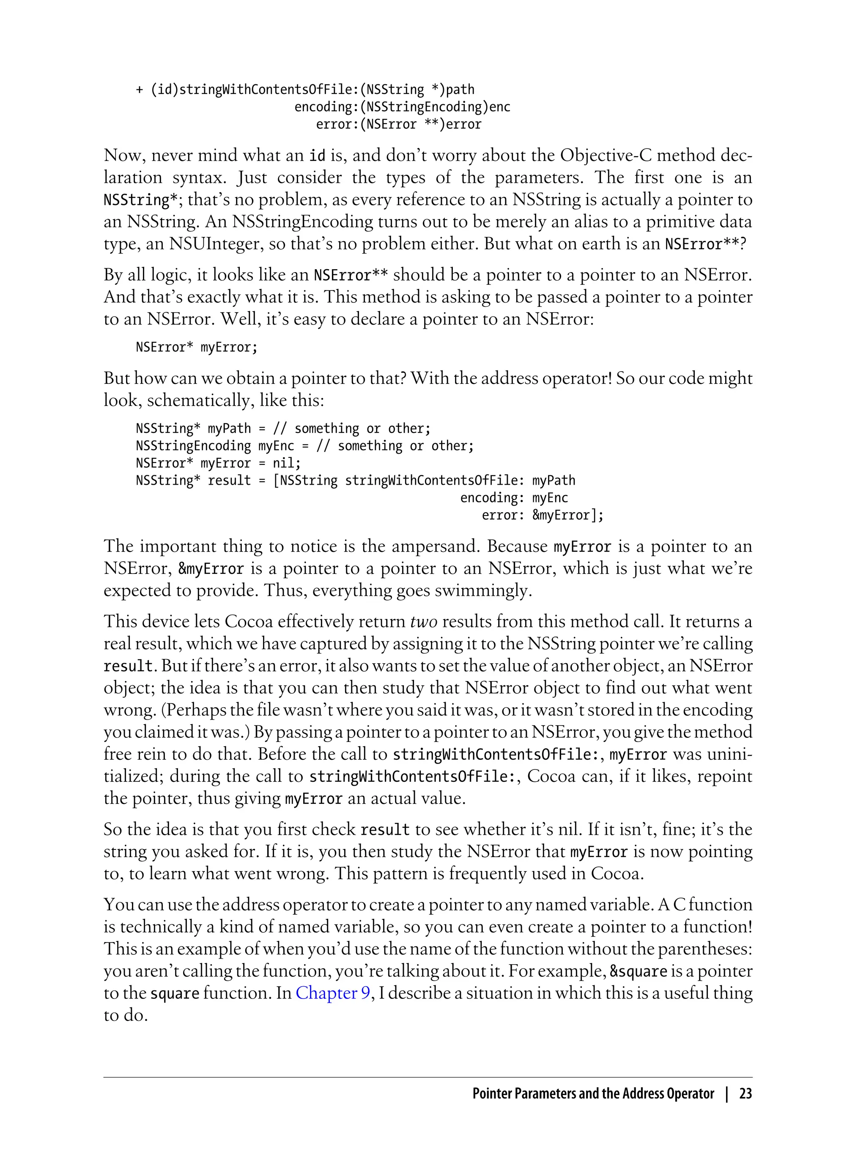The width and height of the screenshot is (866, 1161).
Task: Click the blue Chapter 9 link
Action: click(333, 993)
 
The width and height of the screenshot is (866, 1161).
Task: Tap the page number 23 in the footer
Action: click(745, 1094)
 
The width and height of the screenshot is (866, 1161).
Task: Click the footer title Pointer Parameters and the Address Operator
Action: click(593, 1094)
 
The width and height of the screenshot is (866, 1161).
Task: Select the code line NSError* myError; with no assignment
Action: click(197, 347)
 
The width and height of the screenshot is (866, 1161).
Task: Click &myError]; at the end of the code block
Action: click(568, 515)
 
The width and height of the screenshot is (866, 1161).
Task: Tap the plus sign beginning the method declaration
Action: click(140, 90)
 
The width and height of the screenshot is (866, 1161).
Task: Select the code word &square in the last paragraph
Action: click(638, 972)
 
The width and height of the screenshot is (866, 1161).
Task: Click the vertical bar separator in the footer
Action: click(727, 1094)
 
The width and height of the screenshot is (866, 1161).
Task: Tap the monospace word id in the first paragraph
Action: click(317, 156)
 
